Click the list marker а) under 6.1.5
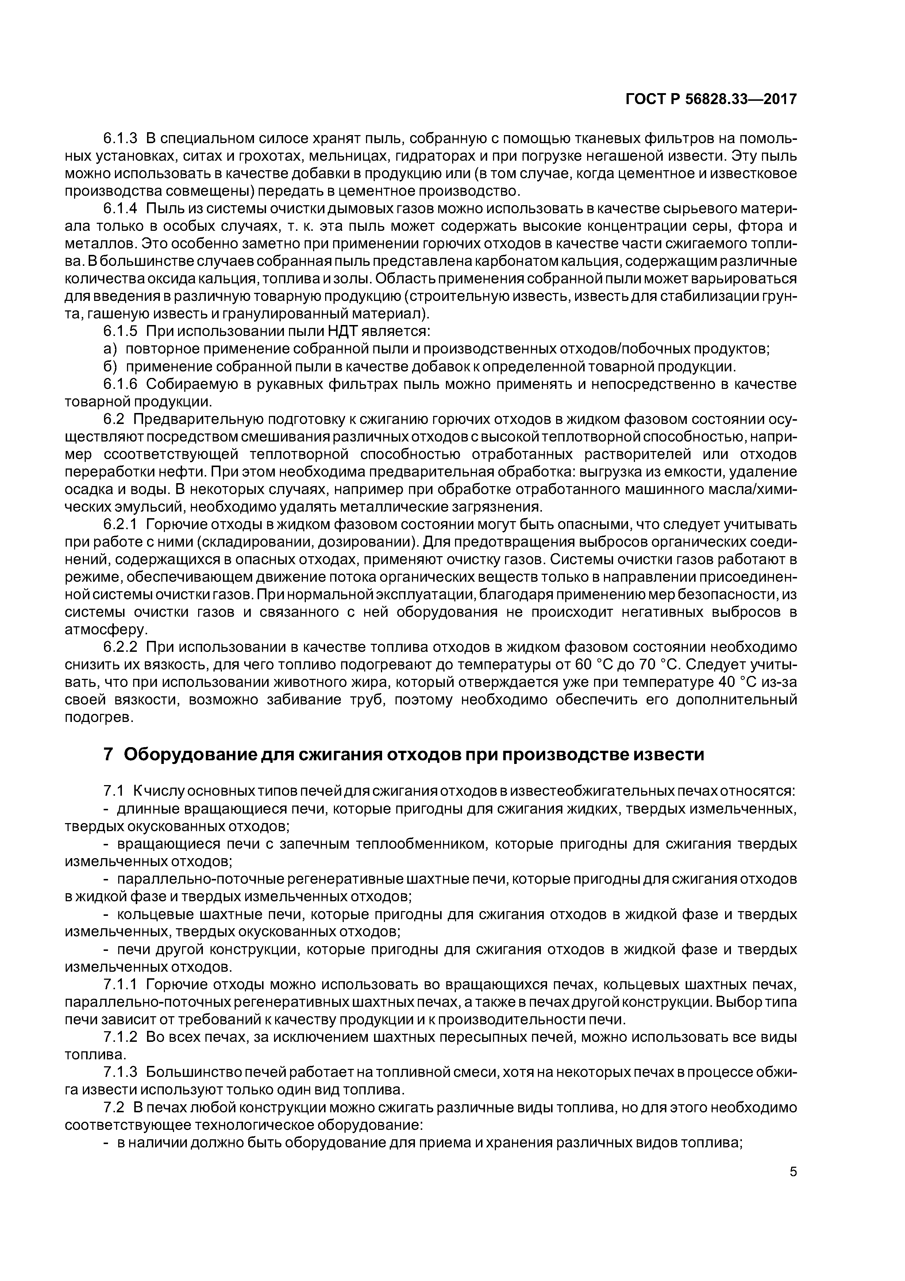click(109, 349)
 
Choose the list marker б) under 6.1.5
click(109, 367)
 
